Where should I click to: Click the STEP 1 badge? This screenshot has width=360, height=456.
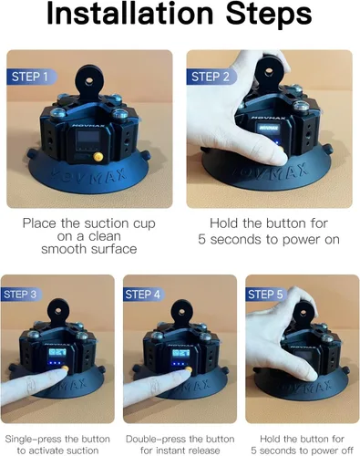[x=31, y=77]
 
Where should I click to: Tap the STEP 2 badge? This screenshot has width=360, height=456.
[x=211, y=77]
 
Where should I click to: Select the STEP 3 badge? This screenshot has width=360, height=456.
[x=21, y=295]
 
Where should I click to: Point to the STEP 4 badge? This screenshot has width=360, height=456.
[x=143, y=295]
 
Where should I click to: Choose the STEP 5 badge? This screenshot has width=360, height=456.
[x=266, y=295]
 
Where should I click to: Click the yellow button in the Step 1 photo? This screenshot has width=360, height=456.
[x=98, y=157]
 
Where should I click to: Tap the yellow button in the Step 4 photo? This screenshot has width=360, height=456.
[x=189, y=370]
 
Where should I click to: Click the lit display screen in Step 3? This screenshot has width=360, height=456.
[x=57, y=353]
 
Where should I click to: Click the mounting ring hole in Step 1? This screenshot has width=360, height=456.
[x=89, y=80]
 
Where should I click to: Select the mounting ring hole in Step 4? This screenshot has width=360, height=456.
[x=181, y=312]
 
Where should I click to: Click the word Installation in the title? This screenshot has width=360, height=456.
[x=130, y=14]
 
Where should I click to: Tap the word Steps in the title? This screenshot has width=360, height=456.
[x=269, y=15]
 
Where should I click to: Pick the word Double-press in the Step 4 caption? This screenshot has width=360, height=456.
[x=155, y=439]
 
